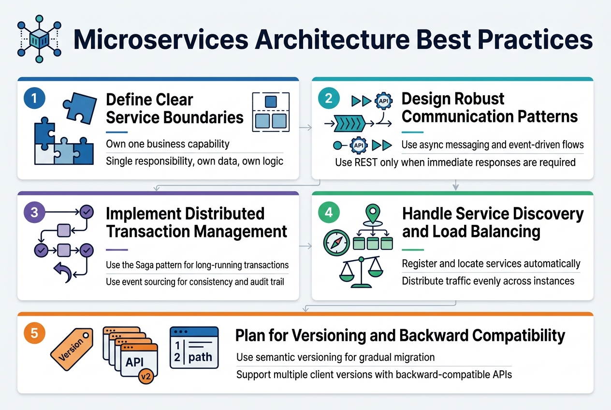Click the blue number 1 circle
(x=34, y=99)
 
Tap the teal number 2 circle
(x=328, y=99)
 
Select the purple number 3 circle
(x=34, y=213)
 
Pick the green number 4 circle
(x=328, y=213)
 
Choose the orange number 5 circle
(x=34, y=333)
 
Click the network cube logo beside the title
(x=38, y=41)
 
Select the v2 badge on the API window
(x=145, y=375)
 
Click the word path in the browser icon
(x=200, y=358)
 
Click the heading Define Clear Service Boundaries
(x=174, y=108)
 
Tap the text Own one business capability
(x=167, y=144)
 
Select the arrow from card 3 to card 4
(x=305, y=247)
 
